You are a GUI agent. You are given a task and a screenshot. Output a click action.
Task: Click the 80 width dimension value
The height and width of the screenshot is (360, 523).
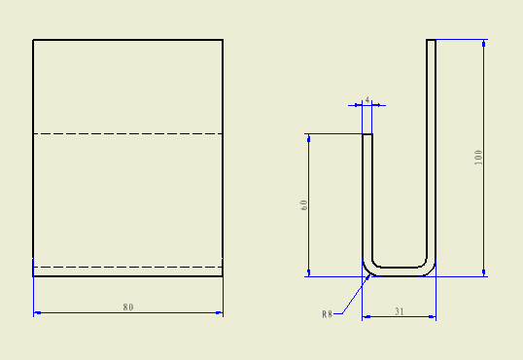click(128, 307)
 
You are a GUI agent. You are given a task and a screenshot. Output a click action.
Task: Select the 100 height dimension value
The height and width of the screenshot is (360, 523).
click(478, 158)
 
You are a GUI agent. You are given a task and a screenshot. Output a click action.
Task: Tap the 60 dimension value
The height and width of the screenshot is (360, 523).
click(304, 205)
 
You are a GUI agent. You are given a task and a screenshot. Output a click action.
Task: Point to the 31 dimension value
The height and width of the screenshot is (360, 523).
click(400, 311)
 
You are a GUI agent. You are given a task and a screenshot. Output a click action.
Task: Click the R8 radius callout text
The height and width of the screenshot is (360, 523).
click(328, 314)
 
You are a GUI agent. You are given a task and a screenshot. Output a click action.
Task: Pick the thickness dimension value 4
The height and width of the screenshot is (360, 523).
click(367, 99)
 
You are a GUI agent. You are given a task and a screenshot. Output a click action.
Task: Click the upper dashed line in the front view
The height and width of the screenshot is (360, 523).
click(128, 133)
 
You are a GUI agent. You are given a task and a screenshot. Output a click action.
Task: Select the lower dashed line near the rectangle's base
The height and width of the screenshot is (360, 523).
click(128, 267)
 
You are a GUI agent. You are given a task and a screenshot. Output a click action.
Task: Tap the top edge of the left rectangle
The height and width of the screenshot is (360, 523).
click(128, 40)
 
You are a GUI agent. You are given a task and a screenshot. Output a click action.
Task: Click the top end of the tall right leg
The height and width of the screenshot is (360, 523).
click(432, 41)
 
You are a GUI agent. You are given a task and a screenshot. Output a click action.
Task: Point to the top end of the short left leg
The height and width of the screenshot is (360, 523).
click(367, 135)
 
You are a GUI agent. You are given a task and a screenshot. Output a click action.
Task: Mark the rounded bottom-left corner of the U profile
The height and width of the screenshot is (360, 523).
click(368, 269)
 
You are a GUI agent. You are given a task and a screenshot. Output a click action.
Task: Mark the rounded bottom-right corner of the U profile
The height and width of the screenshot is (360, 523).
click(430, 269)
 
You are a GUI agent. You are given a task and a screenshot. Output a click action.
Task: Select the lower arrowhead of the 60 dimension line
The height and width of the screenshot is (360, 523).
click(308, 271)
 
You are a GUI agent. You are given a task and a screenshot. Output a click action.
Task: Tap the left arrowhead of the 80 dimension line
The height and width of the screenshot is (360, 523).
click(38, 313)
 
